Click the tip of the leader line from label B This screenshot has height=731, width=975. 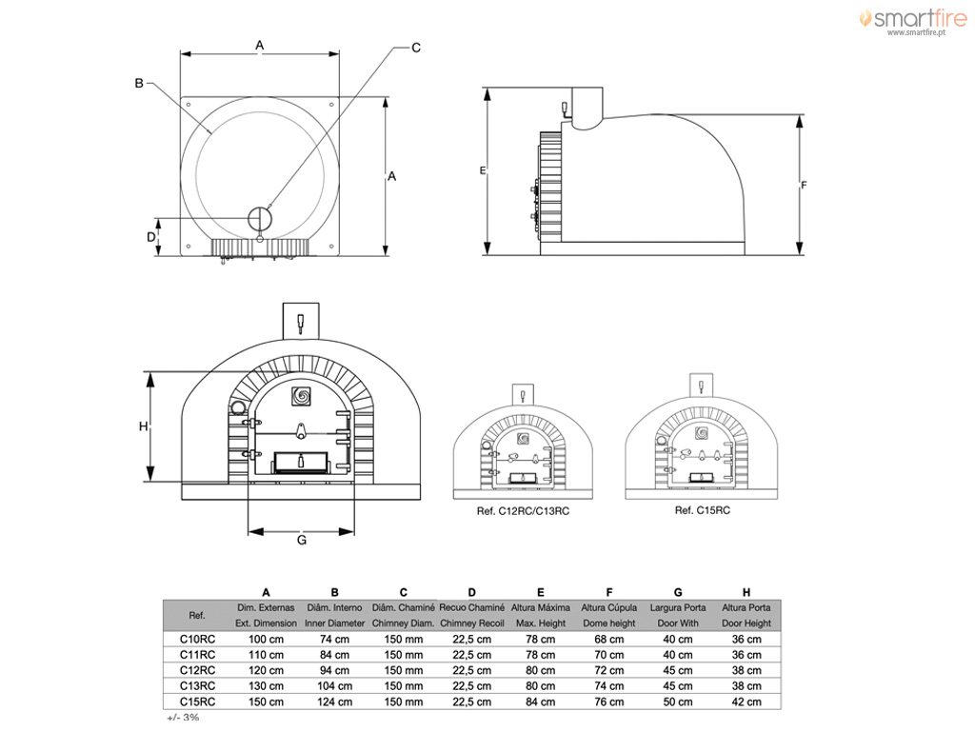tap(211, 133)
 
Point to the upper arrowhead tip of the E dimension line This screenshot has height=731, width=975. tap(487, 89)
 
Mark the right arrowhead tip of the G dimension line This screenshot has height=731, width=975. tap(354, 531)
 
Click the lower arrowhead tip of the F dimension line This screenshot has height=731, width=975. tap(800, 254)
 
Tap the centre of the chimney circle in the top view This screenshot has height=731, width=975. tap(260, 218)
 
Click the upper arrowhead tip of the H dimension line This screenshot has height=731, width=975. tap(149, 372)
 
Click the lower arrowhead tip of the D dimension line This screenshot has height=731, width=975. tap(159, 255)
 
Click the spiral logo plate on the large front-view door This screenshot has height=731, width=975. tap(302, 396)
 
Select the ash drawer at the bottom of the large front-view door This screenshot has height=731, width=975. tap(301, 462)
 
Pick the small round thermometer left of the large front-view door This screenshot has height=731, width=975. tap(237, 407)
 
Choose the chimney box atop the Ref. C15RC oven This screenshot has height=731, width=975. tap(702, 385)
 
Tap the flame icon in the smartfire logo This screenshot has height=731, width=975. tap(866, 18)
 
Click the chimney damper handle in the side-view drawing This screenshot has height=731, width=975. tap(566, 110)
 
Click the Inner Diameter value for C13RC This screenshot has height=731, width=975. tap(334, 686)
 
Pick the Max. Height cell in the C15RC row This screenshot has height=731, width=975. tap(541, 701)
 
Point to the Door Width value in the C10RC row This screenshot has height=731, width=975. tap(677, 639)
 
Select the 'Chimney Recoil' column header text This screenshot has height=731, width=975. tap(472, 622)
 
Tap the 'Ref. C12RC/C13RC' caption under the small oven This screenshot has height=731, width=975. tap(523, 511)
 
